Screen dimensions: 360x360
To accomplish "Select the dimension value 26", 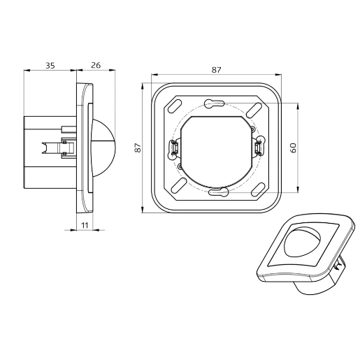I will click(96, 65).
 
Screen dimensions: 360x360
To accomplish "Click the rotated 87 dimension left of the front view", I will click(138, 147).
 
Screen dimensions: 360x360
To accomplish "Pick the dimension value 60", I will click(294, 147).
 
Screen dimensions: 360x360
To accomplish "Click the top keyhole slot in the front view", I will click(212, 104).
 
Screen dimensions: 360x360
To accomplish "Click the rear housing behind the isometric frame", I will click(322, 282).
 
